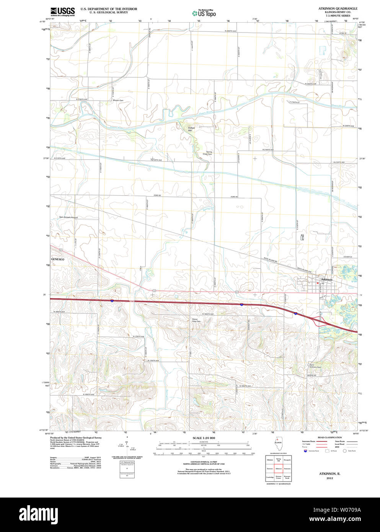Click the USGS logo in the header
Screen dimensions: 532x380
click(x=62, y=11)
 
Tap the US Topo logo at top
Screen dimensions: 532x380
click(x=204, y=13)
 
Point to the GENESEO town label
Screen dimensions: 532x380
click(x=58, y=259)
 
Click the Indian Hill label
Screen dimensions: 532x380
click(x=191, y=129)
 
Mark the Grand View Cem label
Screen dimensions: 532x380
click(x=196, y=320)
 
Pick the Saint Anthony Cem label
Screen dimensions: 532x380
click(x=315, y=366)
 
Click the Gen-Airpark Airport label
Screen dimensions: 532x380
click(x=68, y=217)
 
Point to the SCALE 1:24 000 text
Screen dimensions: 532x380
click(x=204, y=438)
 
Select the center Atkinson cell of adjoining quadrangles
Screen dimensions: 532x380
click(x=278, y=468)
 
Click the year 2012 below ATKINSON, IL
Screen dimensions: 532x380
click(x=329, y=478)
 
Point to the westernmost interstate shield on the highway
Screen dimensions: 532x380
click(x=112, y=301)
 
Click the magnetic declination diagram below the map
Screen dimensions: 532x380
click(x=127, y=446)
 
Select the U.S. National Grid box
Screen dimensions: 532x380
click(x=127, y=468)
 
